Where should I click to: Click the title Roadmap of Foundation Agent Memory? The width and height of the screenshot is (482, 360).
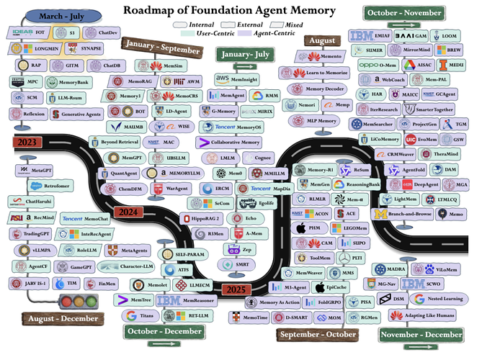coord(230,11)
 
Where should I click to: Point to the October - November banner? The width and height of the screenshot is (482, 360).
coord(401,12)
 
